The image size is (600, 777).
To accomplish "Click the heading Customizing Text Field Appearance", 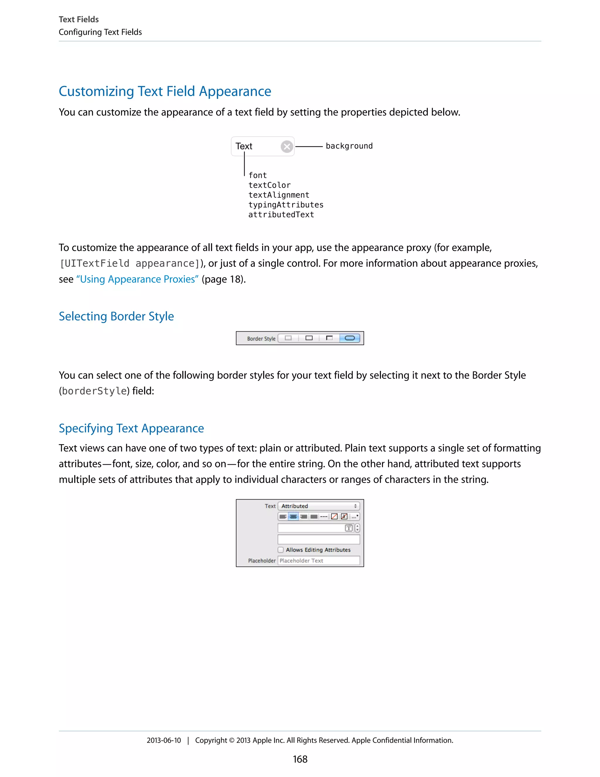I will (165, 91).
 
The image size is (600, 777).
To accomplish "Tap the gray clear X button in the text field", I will (287, 147).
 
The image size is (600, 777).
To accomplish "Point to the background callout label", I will (349, 146).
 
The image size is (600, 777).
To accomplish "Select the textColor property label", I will (270, 185).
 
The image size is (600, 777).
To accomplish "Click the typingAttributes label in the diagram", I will (286, 205).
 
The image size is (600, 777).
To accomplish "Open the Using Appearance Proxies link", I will (137, 279).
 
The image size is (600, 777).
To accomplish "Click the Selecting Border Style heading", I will (116, 316).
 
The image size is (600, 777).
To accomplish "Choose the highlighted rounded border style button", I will (350, 338).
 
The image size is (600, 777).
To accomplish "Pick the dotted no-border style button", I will (288, 338).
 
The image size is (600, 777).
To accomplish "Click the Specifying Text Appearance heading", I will (131, 428).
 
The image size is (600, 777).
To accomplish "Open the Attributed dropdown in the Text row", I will (318, 506).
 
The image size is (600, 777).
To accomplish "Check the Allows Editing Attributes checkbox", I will (281, 550).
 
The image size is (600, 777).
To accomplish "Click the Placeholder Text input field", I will (318, 561).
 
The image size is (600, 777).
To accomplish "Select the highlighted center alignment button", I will (293, 517).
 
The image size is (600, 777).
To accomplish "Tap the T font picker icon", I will (349, 528).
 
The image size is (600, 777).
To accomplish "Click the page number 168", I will (300, 759).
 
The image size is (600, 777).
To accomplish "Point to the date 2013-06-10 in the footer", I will (163, 740).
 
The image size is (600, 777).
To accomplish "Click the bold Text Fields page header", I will (79, 20).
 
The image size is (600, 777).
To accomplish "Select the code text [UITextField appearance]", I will (130, 264).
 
